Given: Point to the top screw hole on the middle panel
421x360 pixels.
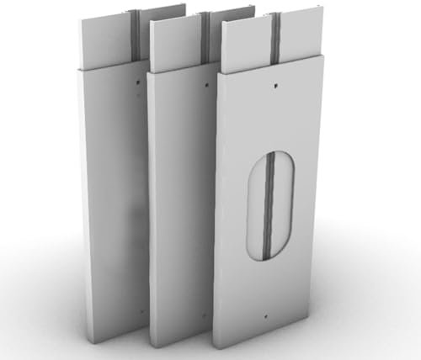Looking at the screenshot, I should click(x=206, y=83).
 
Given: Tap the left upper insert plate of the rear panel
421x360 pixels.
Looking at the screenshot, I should click(x=107, y=42).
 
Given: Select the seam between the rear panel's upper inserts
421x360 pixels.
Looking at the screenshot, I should click(x=135, y=38).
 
